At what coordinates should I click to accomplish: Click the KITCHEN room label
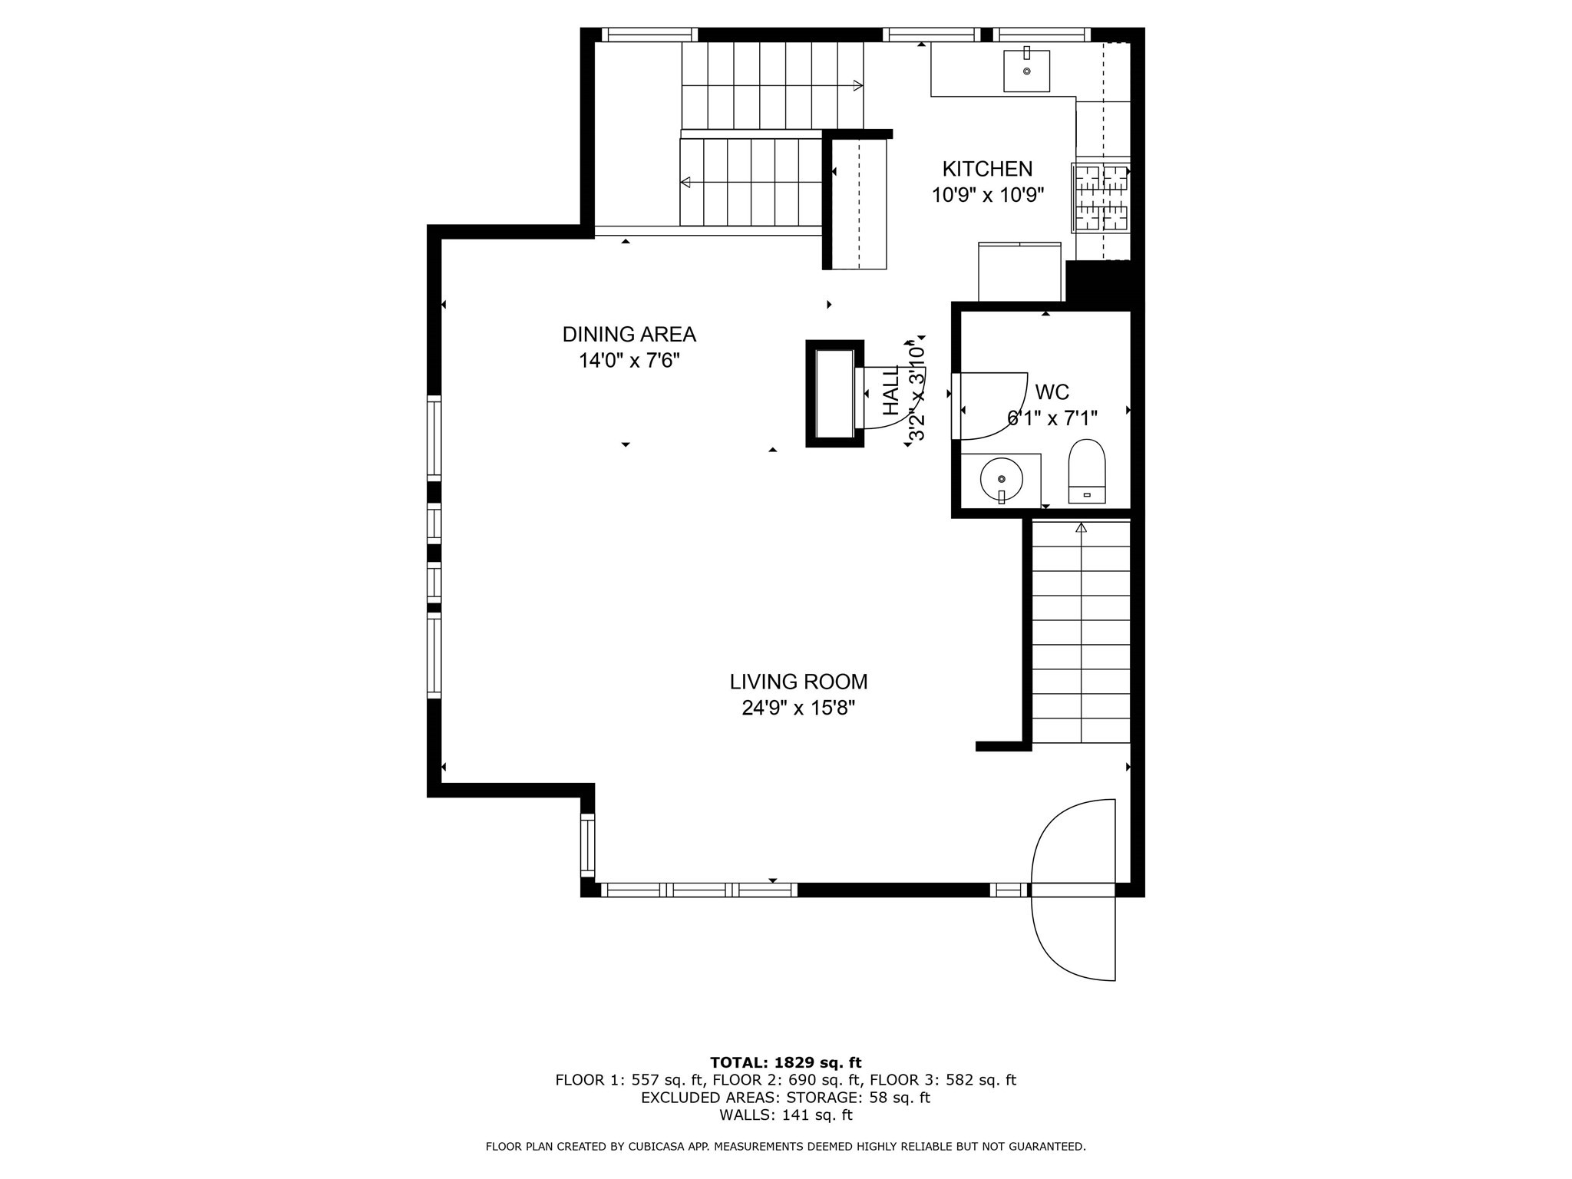click(987, 169)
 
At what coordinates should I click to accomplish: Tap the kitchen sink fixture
click(1026, 71)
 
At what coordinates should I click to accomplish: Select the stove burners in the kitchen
click(1101, 198)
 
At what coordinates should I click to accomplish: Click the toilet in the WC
click(1087, 471)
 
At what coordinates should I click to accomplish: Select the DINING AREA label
click(629, 335)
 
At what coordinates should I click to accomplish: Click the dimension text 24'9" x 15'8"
click(798, 708)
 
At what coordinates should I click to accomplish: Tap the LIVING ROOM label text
click(798, 682)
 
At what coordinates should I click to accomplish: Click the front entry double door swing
click(1073, 890)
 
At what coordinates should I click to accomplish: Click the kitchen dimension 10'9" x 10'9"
click(988, 196)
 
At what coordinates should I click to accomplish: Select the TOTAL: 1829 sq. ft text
click(785, 1062)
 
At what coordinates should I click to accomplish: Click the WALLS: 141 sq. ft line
click(785, 1115)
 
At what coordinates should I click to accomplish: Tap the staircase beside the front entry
click(1081, 633)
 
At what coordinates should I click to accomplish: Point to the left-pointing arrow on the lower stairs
click(685, 182)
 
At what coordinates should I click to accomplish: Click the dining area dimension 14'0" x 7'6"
click(629, 361)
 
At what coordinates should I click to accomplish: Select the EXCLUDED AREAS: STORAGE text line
click(785, 1098)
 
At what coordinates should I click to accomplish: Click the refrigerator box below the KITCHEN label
click(1019, 272)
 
